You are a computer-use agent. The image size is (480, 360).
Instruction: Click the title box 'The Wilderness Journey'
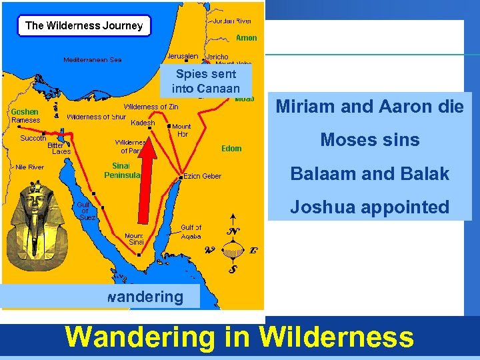tap(84, 26)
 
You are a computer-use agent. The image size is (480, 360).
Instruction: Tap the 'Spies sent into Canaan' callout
tap(205, 81)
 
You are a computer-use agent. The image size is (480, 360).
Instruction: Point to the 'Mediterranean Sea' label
tap(93, 59)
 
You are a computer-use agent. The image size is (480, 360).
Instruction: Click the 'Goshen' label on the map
tap(25, 111)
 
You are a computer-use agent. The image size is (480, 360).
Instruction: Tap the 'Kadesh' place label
tap(143, 123)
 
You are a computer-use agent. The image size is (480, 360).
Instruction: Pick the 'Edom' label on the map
tap(231, 148)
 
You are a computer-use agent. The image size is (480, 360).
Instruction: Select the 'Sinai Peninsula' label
tap(122, 170)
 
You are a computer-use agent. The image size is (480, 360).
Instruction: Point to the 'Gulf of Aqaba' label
tap(191, 232)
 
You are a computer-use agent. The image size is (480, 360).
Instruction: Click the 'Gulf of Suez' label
tap(87, 211)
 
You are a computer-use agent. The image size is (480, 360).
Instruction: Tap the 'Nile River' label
tap(29, 167)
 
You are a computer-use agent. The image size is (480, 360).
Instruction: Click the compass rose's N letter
tap(233, 231)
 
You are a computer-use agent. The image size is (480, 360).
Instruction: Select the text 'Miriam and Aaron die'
tap(369, 107)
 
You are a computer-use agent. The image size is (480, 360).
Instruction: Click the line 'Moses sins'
tap(369, 140)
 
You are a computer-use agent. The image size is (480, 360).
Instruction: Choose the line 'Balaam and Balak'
tap(369, 174)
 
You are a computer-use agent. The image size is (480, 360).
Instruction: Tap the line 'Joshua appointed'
tap(369, 207)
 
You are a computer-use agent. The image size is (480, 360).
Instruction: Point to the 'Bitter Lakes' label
tap(59, 148)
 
